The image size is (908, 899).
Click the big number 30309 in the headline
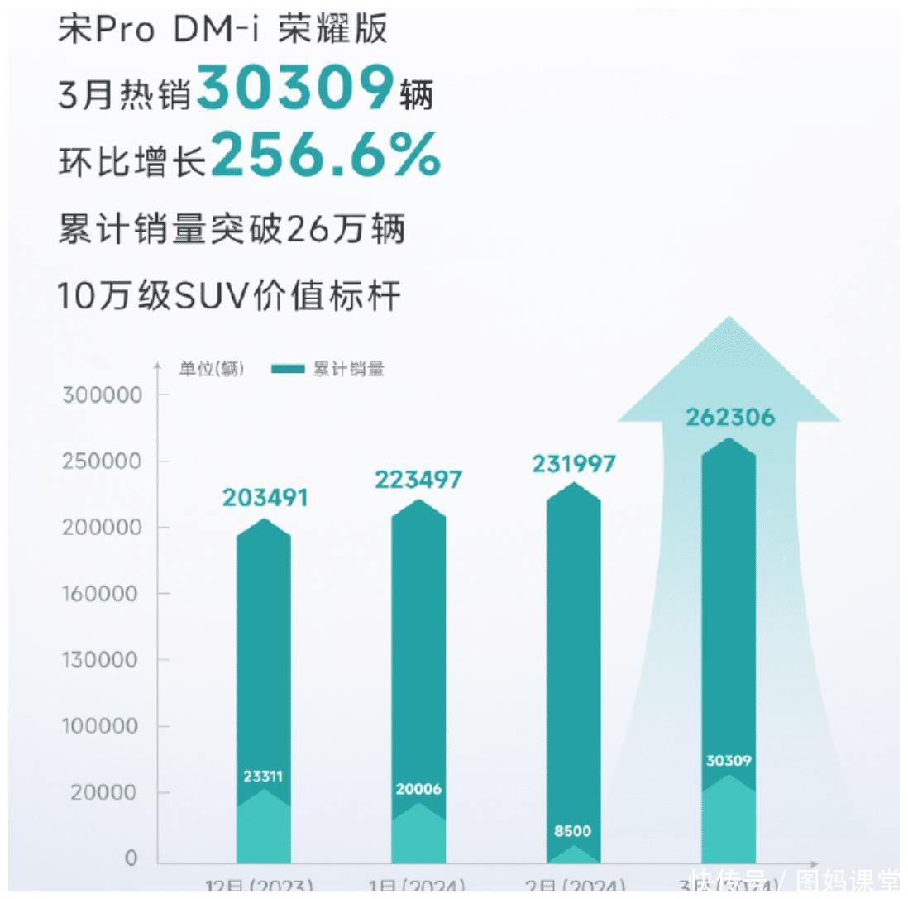(x=295, y=88)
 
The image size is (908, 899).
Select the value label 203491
(x=265, y=498)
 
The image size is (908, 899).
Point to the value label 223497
(x=418, y=480)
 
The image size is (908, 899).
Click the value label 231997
(x=574, y=463)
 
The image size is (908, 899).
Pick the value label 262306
(x=730, y=417)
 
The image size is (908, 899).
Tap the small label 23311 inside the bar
(x=263, y=776)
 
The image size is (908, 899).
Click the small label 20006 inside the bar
(x=418, y=789)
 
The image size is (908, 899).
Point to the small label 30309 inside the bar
(x=729, y=760)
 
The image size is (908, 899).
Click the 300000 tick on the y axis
(x=103, y=395)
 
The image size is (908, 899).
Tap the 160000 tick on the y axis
(x=103, y=593)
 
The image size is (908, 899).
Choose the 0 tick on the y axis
(x=131, y=858)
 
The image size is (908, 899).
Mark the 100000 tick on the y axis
(x=103, y=726)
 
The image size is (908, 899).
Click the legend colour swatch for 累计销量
(x=288, y=370)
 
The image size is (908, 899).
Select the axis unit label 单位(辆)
(x=212, y=370)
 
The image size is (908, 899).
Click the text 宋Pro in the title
(x=106, y=30)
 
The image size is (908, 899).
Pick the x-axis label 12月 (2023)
(x=259, y=887)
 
